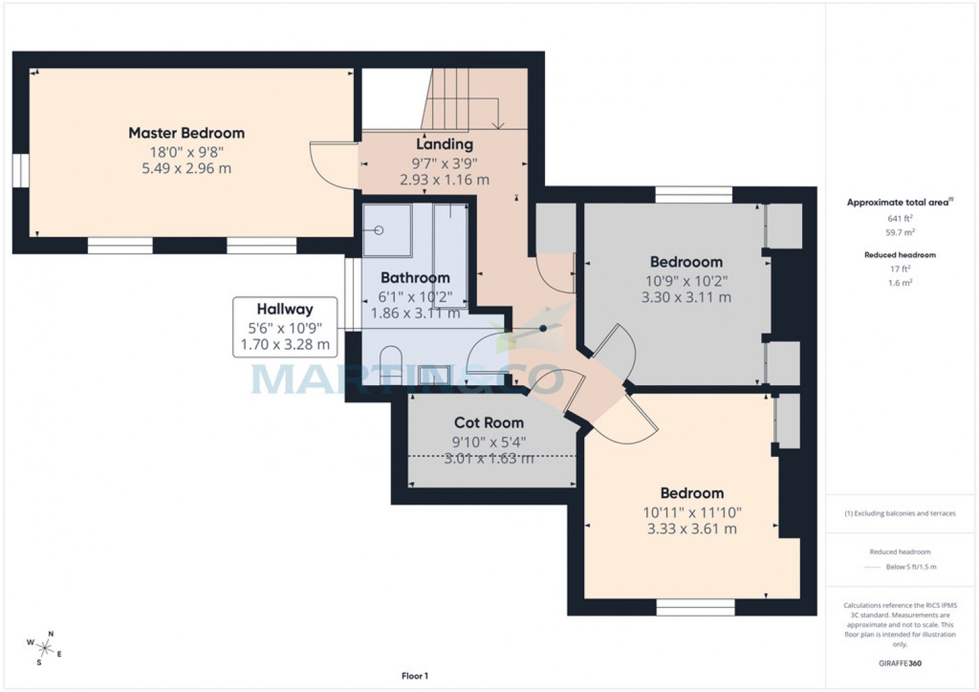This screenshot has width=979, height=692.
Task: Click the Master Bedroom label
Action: (x=186, y=133)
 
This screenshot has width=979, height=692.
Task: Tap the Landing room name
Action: (x=444, y=144)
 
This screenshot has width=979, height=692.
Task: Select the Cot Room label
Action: (x=489, y=423)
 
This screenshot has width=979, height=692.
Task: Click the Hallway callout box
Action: (x=285, y=327)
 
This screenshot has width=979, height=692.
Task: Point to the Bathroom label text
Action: (x=415, y=278)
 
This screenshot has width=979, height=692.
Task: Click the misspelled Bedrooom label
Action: (x=686, y=262)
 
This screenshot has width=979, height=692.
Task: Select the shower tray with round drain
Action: (x=387, y=230)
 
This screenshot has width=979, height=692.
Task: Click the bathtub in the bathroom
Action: (x=450, y=255)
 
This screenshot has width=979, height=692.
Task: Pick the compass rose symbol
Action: (x=44, y=648)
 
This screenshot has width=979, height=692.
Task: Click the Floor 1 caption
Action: (x=414, y=676)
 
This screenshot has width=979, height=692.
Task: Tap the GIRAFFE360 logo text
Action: (x=899, y=663)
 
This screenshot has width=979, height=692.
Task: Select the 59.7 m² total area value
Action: (x=900, y=232)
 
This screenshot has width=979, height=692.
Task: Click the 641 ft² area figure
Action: (x=900, y=219)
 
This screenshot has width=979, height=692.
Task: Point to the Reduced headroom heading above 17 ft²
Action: (x=900, y=255)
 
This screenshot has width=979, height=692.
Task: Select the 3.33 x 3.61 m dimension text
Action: (x=692, y=529)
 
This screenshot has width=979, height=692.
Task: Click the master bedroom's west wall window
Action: (x=21, y=170)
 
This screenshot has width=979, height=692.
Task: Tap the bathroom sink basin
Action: (x=433, y=374)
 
